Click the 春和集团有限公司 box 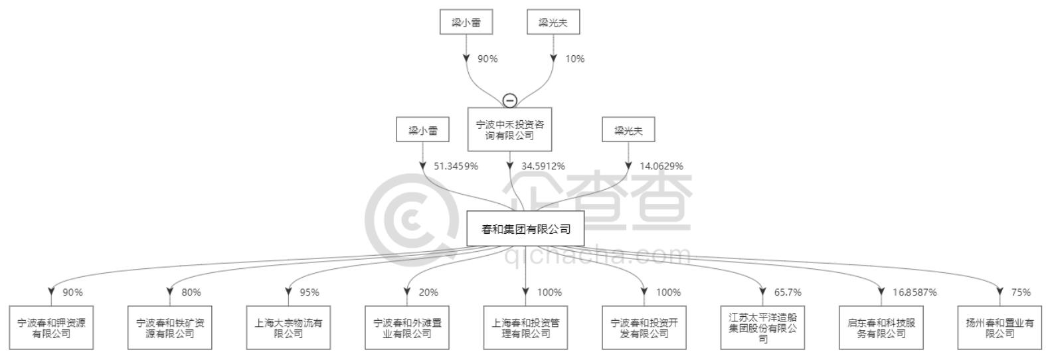pos(525,228)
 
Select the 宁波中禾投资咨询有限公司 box pos(509,130)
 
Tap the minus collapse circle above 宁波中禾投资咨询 pos(509,100)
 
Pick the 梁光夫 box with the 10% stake pos(553,22)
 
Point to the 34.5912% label pos(543,166)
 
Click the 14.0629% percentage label pos(661,166)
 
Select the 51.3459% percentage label pos(456,166)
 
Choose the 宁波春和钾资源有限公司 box pos(51,327)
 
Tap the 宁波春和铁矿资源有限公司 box pos(170,327)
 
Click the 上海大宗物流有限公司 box pos(289,327)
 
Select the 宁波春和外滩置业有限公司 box pos(407,327)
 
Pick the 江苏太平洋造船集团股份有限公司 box pos(762,327)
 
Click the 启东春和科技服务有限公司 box pos(881,327)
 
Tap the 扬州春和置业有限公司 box pos(1000,327)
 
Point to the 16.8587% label pos(915,292)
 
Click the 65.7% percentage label pos(788,292)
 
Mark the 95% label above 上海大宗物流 pos(309,292)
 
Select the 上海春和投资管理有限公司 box pos(525,327)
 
